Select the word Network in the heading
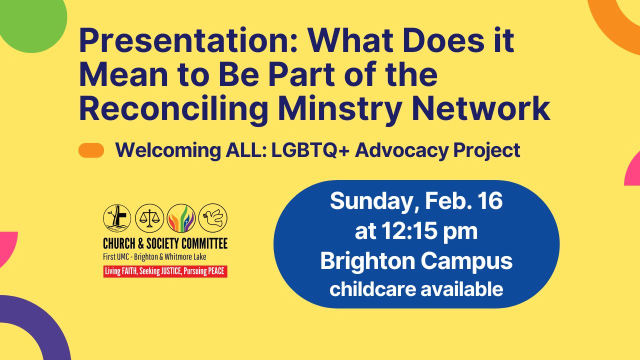481,109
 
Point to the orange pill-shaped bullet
91,150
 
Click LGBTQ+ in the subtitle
310,150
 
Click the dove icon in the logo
213,217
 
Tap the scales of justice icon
149,218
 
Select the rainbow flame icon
181,218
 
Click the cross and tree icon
117,218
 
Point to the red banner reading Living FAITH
165,271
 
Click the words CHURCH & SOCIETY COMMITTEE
165,243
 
